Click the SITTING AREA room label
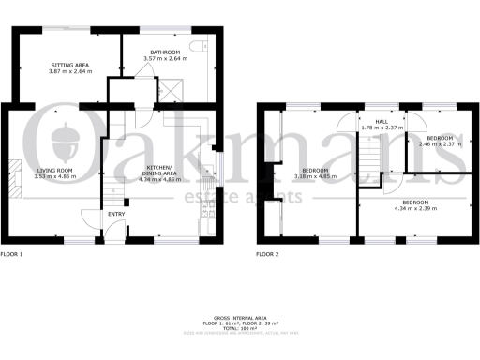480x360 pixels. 65,65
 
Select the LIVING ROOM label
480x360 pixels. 52,169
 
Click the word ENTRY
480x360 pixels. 116,214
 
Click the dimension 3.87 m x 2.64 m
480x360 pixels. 65,71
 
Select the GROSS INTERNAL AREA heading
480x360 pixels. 239,319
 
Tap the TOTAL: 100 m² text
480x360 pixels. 239,330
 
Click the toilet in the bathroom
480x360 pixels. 194,46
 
